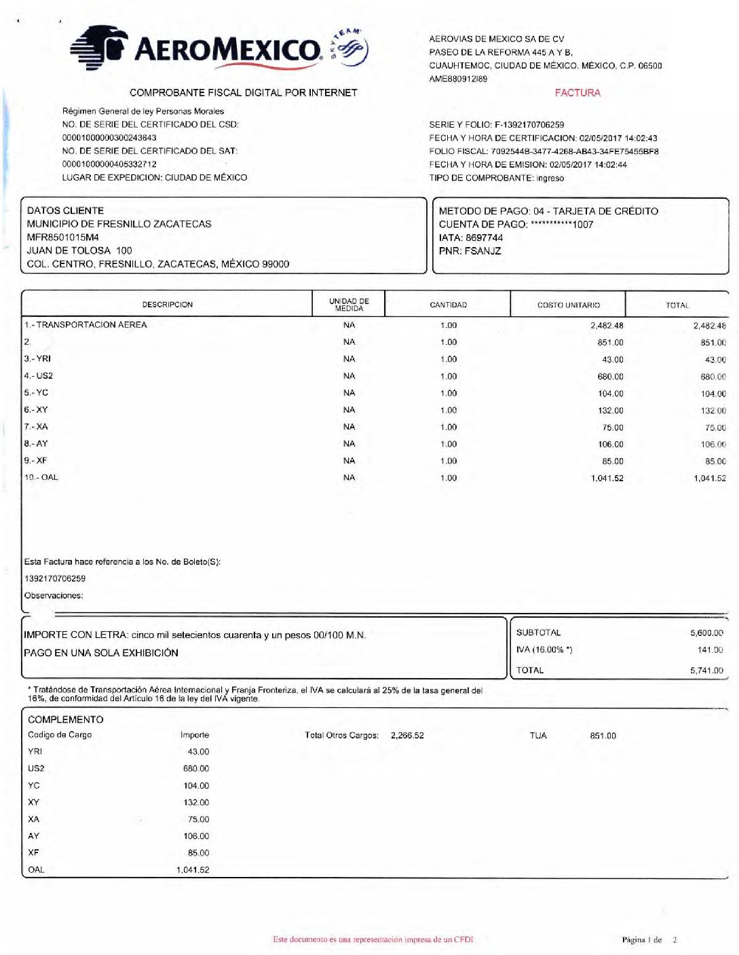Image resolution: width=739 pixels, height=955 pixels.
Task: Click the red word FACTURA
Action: (577, 93)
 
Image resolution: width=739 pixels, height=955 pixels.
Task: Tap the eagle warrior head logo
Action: (100, 47)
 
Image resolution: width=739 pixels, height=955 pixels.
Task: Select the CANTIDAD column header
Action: (448, 305)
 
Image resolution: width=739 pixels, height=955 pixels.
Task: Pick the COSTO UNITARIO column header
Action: (568, 305)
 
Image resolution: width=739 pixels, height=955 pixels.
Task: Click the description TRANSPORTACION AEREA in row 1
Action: (91, 325)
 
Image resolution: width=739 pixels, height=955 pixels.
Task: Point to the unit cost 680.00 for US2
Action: (610, 377)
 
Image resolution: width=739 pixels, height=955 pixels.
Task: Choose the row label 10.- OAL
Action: (41, 478)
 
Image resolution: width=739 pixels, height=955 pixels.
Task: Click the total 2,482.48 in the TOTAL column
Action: (708, 326)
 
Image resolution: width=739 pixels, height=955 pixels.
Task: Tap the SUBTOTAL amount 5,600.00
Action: (706, 633)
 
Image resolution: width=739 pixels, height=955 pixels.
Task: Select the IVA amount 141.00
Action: (710, 650)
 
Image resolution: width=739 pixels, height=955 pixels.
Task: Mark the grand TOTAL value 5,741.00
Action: (706, 671)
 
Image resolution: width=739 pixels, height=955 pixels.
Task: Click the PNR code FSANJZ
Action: (482, 251)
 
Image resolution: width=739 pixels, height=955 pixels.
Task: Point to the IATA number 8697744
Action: (484, 238)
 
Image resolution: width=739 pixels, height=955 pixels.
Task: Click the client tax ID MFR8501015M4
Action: (62, 238)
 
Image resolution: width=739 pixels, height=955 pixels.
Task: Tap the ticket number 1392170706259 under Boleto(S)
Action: (55, 579)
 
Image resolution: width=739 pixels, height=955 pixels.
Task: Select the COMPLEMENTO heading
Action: (66, 719)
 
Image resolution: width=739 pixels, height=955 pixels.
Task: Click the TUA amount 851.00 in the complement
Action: (603, 736)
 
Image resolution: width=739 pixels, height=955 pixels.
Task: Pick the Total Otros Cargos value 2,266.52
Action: (407, 735)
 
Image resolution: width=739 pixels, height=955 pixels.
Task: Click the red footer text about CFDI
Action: (373, 939)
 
